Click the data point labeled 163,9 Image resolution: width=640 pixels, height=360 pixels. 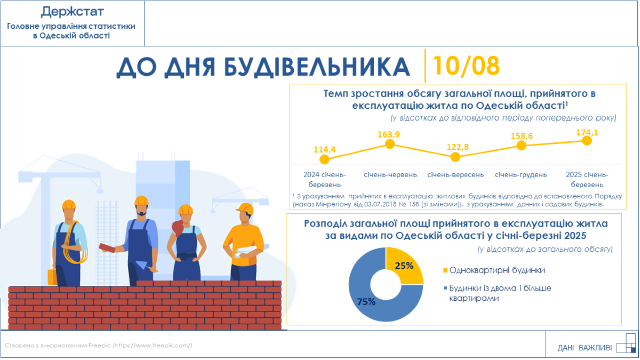coord(390,144)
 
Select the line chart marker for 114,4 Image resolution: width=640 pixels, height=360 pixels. coord(324,159)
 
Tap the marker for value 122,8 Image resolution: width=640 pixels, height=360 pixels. coord(455,157)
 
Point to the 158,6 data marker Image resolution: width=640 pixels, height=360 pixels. coord(522,146)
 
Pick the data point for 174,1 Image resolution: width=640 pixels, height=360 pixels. coord(587,141)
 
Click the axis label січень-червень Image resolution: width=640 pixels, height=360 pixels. coord(390,174)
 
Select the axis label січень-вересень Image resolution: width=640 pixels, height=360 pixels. coord(455,174)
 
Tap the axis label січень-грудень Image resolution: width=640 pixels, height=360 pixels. coord(521,174)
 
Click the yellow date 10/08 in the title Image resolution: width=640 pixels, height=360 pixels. coord(466,66)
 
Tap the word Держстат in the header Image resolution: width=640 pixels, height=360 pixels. coord(73,12)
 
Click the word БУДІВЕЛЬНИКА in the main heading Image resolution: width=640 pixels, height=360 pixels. coord(317,67)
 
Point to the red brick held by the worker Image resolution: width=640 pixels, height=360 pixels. coord(107,247)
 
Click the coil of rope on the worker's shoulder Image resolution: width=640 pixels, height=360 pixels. coord(75,246)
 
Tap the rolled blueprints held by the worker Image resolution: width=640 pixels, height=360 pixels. coord(251,251)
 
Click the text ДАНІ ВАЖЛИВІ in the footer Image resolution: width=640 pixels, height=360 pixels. coord(585,348)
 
